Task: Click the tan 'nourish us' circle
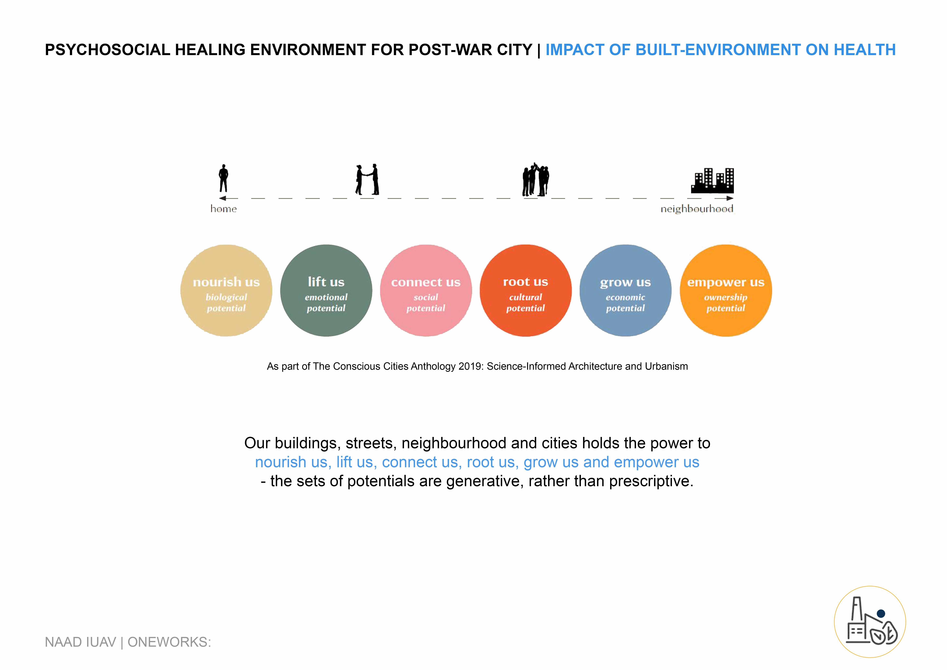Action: point(226,290)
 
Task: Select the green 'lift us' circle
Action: point(326,290)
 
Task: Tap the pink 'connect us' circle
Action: point(426,290)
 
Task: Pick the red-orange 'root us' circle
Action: point(525,290)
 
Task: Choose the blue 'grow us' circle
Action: point(625,290)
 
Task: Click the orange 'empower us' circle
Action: point(726,290)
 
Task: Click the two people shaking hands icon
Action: point(367,179)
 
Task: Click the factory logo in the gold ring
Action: point(870,622)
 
